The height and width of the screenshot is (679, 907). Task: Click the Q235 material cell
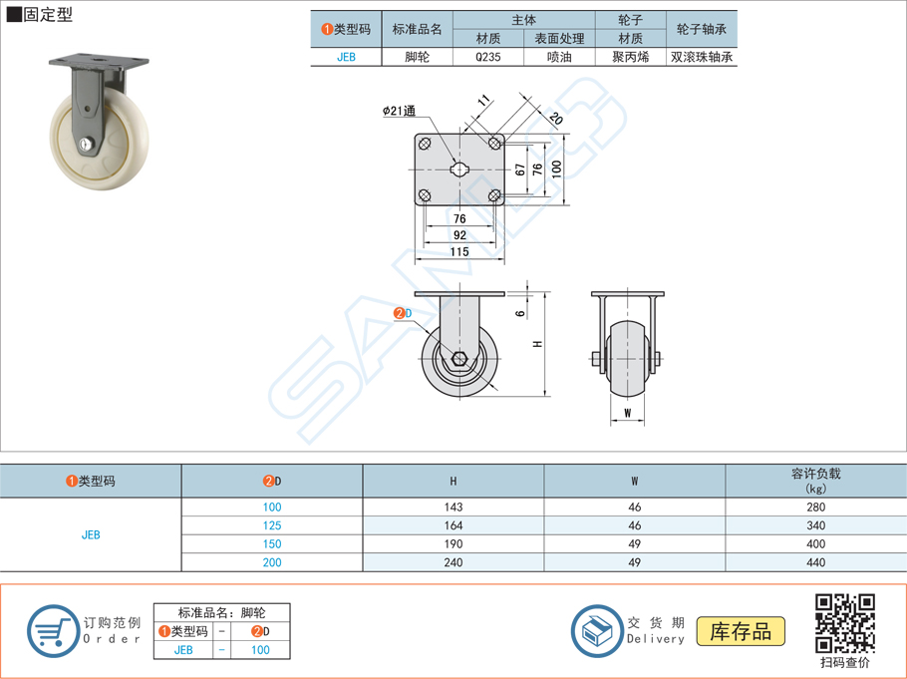(488, 57)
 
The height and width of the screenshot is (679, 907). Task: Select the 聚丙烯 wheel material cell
(630, 57)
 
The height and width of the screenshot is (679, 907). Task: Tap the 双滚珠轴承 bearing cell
(702, 57)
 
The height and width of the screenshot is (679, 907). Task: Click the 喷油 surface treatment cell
(559, 57)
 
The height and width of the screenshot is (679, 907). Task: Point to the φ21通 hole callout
(399, 112)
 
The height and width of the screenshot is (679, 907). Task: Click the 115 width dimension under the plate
(458, 252)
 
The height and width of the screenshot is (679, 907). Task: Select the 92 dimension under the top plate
(459, 235)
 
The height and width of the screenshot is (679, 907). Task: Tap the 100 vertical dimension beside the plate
(557, 168)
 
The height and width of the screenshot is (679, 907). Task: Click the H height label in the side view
(537, 343)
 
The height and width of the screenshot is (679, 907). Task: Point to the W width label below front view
(627, 412)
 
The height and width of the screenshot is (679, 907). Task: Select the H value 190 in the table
(453, 544)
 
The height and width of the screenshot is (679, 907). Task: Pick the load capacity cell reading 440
(815, 562)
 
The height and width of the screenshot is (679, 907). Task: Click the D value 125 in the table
(272, 525)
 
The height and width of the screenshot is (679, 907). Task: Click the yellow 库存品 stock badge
(741, 631)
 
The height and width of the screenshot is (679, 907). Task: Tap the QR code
(844, 622)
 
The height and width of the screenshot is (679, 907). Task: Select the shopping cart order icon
(52, 631)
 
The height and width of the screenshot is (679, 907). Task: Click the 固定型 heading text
(48, 15)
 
